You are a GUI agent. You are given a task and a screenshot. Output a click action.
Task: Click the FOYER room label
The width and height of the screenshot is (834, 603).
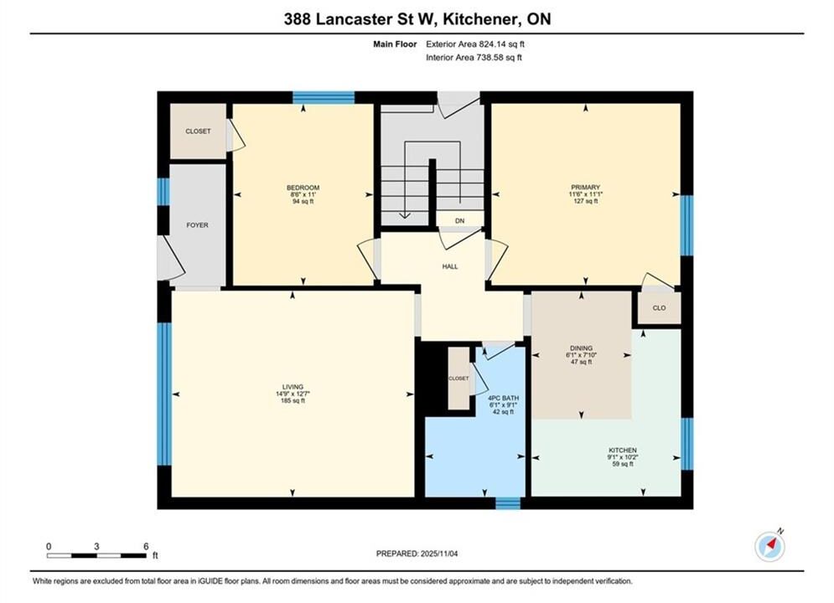pyautogui.click(x=197, y=225)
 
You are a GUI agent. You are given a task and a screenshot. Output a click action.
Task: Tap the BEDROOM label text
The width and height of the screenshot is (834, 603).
pyautogui.click(x=303, y=188)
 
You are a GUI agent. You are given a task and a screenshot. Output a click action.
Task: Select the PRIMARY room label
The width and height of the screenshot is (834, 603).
pyautogui.click(x=585, y=188)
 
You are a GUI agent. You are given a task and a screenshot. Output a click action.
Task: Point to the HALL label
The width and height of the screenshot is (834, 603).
pyautogui.click(x=450, y=266)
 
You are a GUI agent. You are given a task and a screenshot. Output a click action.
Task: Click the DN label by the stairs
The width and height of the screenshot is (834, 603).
pyautogui.click(x=459, y=221)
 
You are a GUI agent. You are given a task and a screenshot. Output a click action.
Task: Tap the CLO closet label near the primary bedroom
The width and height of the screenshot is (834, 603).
pyautogui.click(x=659, y=308)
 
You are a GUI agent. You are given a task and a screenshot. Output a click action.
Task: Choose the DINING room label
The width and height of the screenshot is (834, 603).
pyautogui.click(x=581, y=348)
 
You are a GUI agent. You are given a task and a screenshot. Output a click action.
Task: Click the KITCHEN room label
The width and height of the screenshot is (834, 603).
pyautogui.click(x=623, y=451)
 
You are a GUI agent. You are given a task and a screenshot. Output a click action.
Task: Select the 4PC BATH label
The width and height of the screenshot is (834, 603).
pyautogui.click(x=503, y=399)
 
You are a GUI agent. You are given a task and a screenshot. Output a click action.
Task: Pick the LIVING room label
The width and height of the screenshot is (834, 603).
pyautogui.click(x=293, y=387)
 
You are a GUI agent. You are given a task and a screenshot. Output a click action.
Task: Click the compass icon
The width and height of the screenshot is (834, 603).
pyautogui.click(x=769, y=545)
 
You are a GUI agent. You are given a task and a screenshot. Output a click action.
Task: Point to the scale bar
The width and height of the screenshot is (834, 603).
pyautogui.click(x=96, y=556)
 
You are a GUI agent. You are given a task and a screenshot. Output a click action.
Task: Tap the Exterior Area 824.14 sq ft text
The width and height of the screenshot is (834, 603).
pyautogui.click(x=475, y=44)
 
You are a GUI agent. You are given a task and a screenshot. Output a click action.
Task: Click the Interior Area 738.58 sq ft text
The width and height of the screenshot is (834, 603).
pyautogui.click(x=474, y=58)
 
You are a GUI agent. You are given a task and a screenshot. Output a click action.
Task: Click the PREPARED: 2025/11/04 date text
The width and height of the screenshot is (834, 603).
pyautogui.click(x=417, y=554)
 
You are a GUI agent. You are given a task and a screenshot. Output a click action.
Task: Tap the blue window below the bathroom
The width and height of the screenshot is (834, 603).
pyautogui.click(x=507, y=503)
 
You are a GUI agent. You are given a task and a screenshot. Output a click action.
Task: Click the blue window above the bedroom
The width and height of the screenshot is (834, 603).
pyautogui.click(x=324, y=98)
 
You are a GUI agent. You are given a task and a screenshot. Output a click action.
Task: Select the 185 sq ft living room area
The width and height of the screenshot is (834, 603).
pyautogui.click(x=293, y=401)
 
